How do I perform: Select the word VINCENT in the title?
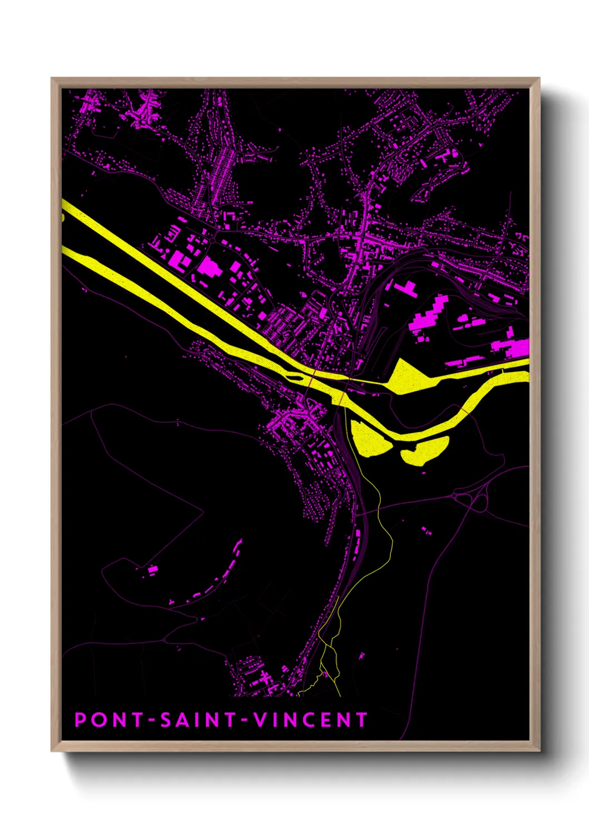point(311,720)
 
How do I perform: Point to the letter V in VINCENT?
point(260,720)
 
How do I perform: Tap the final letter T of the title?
point(361,720)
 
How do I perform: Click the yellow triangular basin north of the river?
point(409,376)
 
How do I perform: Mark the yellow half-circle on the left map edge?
point(63,215)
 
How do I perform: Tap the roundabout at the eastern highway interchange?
point(455,494)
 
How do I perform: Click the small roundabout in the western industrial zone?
point(213,241)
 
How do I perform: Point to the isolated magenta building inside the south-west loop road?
point(152,570)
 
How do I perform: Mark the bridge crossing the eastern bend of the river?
point(463,410)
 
